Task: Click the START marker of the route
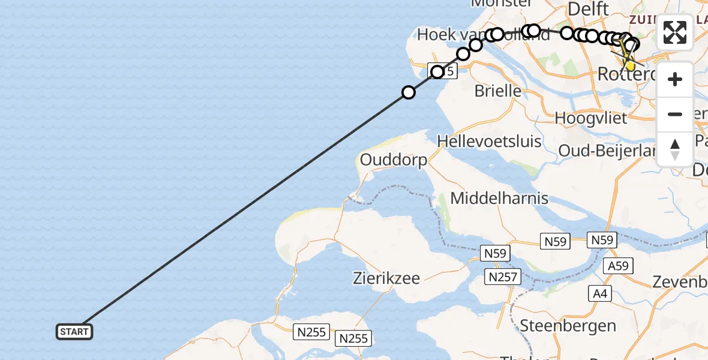[x=74, y=332]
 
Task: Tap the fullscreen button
[x=675, y=32]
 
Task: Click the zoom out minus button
[x=675, y=115]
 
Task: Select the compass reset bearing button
[x=675, y=149]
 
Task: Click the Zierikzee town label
[x=386, y=278]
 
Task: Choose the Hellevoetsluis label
[x=489, y=142]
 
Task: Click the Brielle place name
[x=497, y=91]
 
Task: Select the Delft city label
[x=588, y=9]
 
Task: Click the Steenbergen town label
[x=568, y=326]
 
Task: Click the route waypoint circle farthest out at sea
[x=409, y=92]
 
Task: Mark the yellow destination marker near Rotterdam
[x=629, y=64]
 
